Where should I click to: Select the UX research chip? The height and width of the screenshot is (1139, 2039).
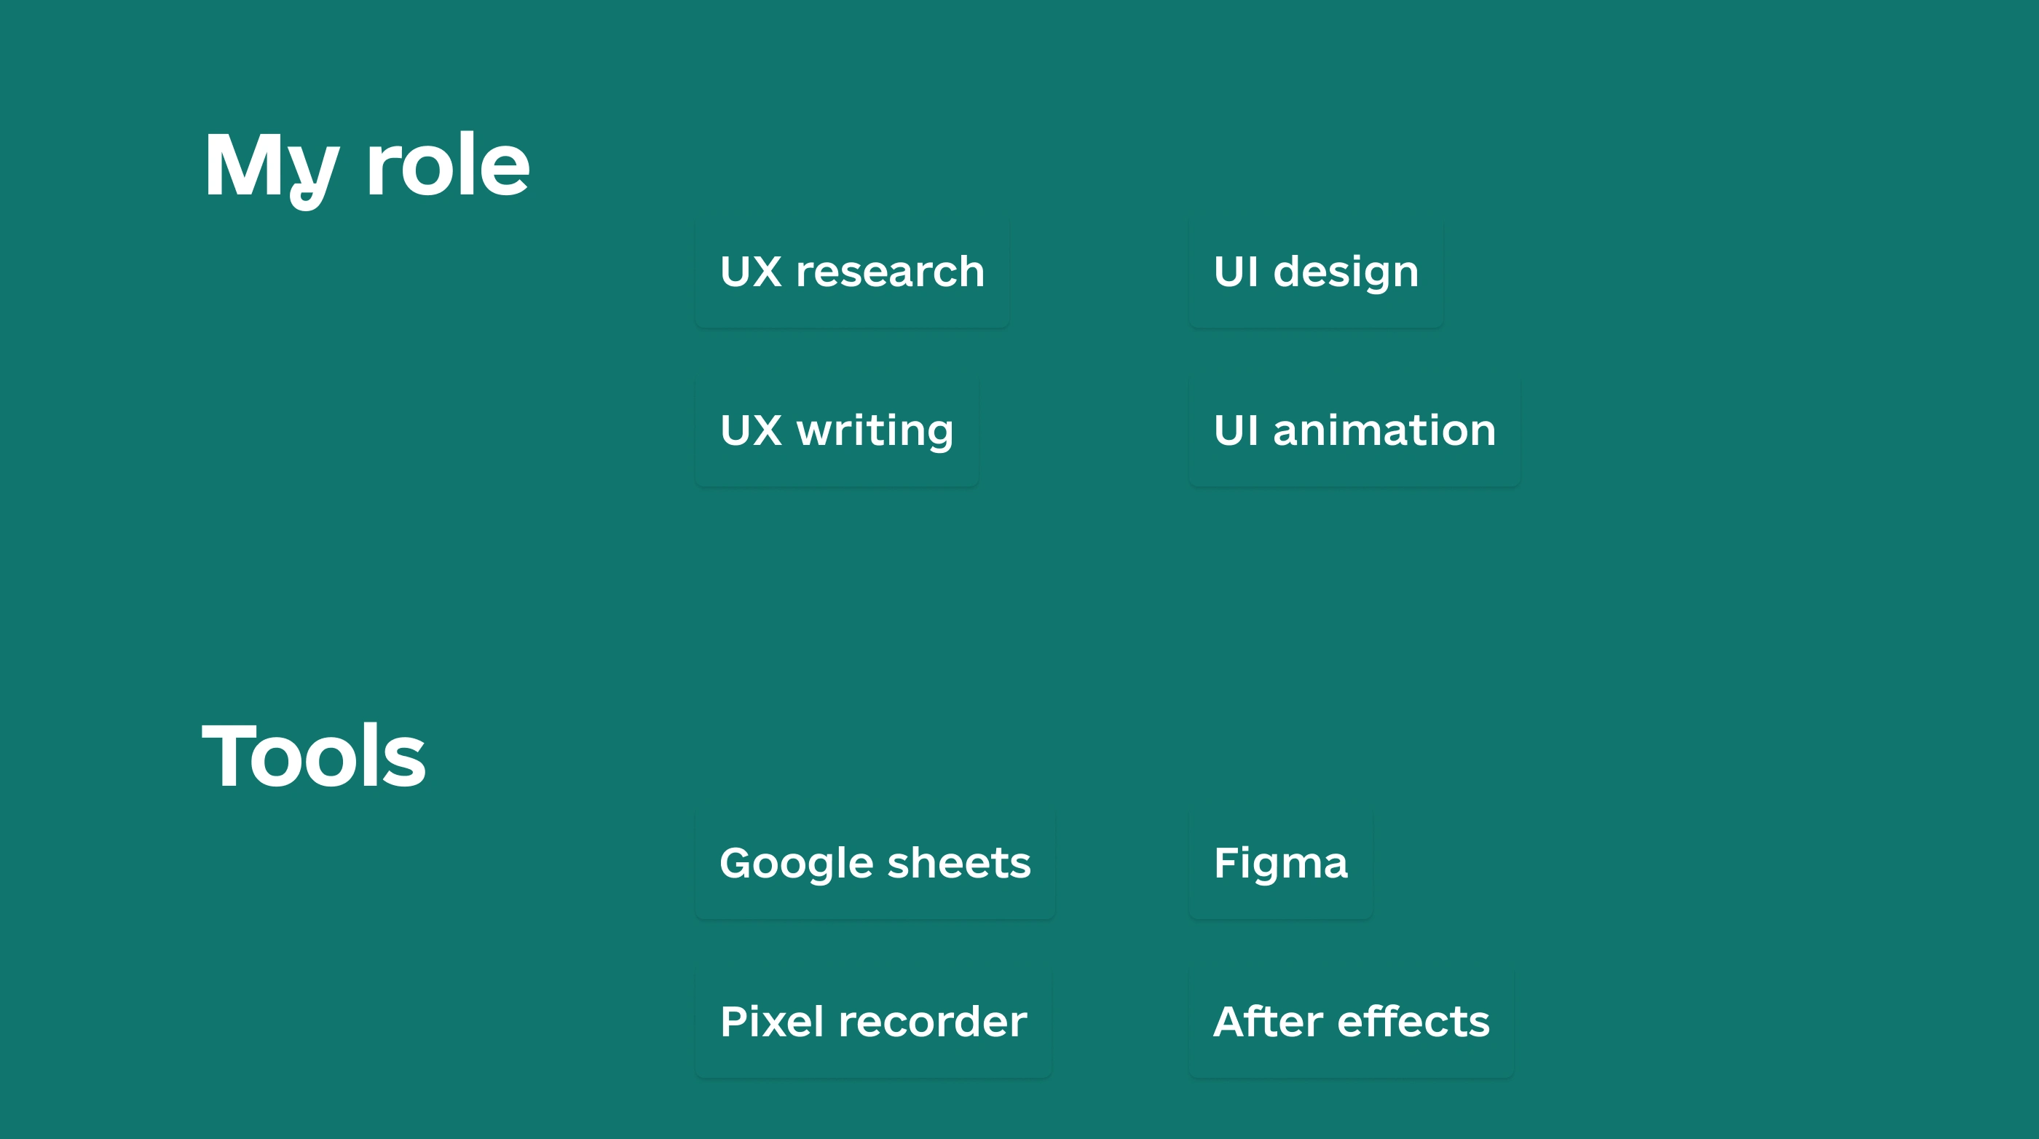point(853,272)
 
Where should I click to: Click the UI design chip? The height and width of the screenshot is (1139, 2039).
point(1317,272)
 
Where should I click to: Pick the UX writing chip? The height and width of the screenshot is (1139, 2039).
point(837,430)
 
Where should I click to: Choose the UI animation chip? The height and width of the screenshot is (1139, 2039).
point(1354,430)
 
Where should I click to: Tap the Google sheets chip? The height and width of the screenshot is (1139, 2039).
point(875,863)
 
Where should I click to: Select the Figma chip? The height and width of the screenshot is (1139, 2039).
point(1281,863)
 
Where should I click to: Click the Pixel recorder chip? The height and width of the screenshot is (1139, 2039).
point(873,1022)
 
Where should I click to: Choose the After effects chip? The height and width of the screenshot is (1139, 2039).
point(1351,1022)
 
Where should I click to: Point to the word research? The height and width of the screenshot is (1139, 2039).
point(891,272)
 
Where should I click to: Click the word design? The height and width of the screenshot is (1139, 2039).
point(1346,273)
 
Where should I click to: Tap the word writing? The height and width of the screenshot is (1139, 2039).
point(875,432)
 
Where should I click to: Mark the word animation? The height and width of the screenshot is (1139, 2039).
point(1384,430)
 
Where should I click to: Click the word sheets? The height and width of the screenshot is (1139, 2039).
point(959,863)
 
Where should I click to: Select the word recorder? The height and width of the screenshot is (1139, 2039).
point(932,1022)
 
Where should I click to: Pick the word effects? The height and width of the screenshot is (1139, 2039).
point(1413,1022)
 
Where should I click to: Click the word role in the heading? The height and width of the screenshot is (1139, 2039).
point(448,164)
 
